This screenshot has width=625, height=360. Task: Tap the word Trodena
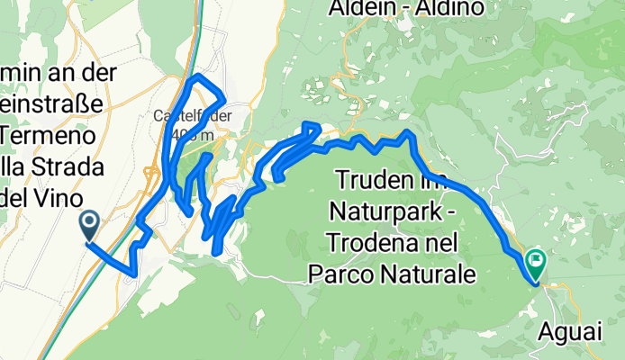pos(365,243)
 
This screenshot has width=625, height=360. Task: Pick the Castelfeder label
pos(194,115)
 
